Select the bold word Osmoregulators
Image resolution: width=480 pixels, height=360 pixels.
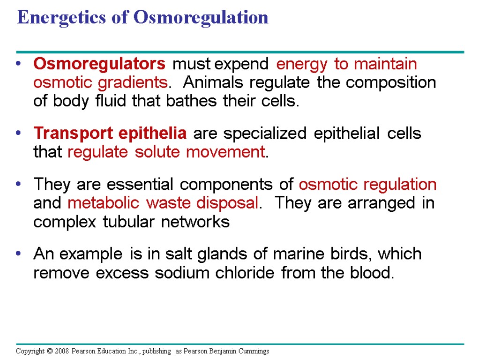point(99,64)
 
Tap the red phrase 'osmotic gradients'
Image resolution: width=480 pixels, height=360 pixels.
point(100,83)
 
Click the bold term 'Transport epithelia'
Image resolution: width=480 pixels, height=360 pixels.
point(110,134)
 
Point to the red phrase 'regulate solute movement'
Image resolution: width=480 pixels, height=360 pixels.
point(166,152)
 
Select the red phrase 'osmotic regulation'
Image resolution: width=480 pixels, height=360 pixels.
point(367,185)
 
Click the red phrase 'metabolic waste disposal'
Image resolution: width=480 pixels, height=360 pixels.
point(163,203)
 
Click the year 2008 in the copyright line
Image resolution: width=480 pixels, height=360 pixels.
point(61,351)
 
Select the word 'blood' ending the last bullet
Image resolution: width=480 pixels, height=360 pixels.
point(375,273)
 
